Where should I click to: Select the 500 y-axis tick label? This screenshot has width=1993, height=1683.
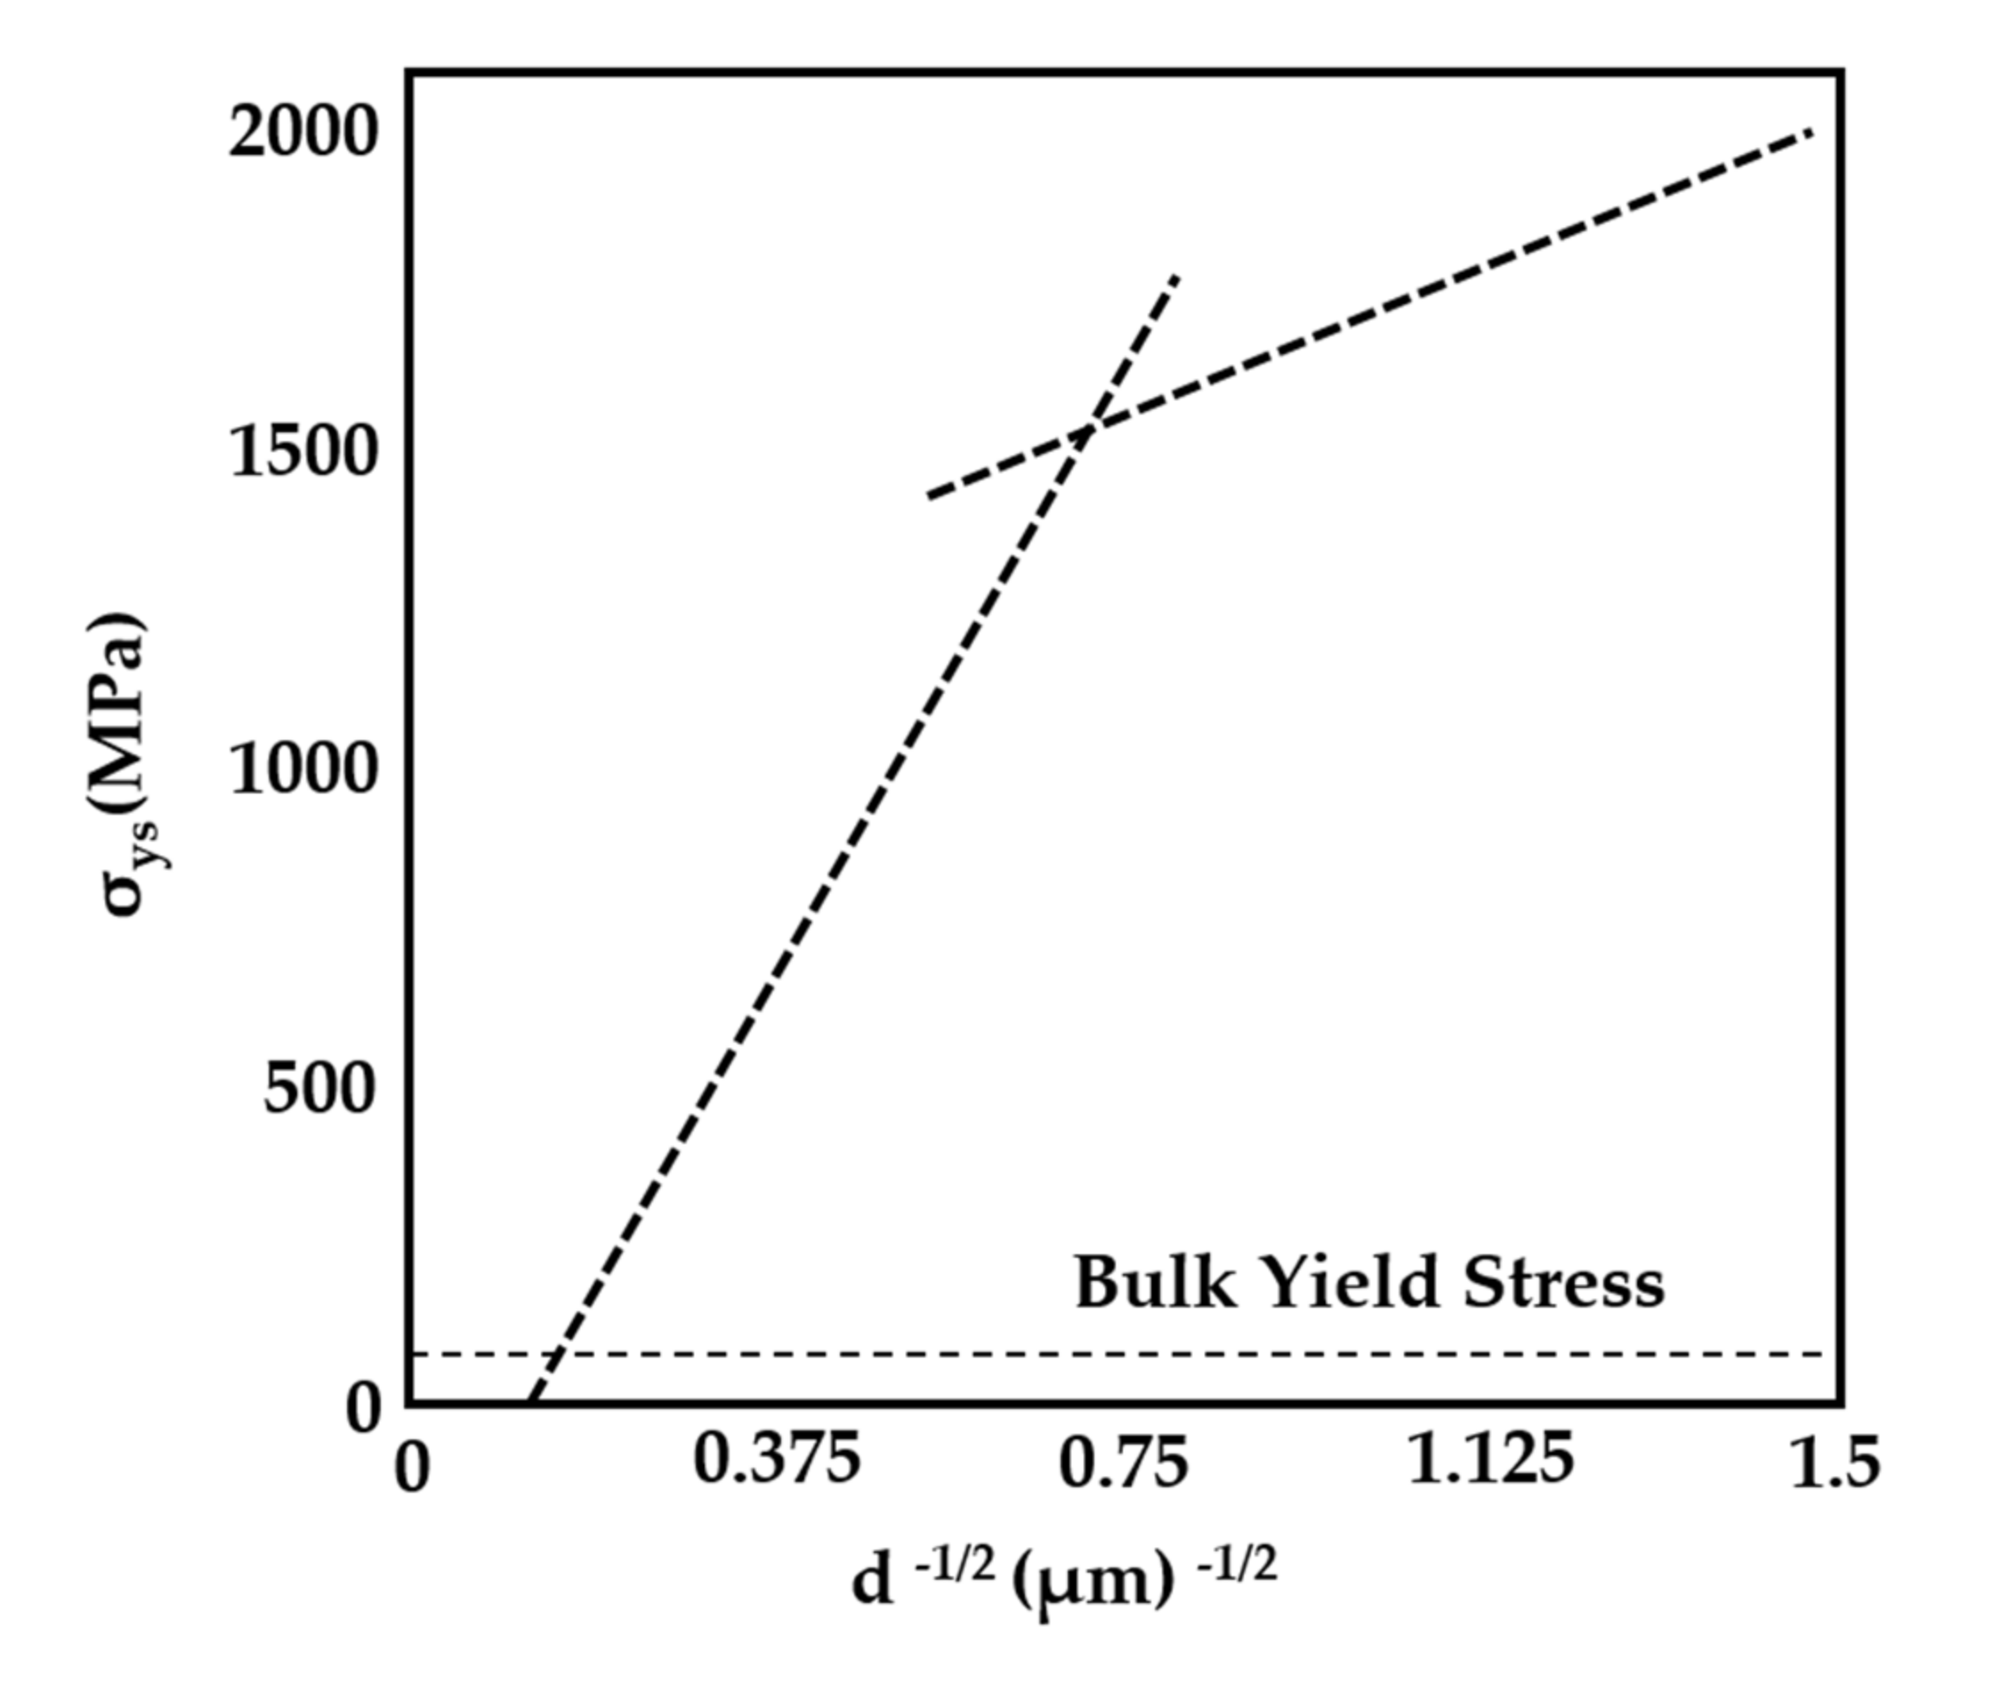pos(316,1088)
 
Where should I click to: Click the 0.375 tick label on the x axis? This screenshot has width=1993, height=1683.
pos(777,1461)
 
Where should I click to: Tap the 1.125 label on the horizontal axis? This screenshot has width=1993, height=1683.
pos(1490,1461)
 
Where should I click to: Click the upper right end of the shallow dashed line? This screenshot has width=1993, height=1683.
pos(1810,131)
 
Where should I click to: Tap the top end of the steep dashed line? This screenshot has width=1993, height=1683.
pos(1178,277)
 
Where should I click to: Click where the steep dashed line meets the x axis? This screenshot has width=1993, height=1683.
pos(530,1403)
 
